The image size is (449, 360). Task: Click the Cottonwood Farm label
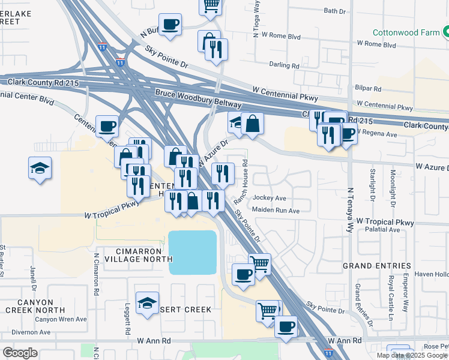(406, 32)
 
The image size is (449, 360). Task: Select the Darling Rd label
(285, 65)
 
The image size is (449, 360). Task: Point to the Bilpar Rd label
(368, 88)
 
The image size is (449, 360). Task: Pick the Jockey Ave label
(270, 198)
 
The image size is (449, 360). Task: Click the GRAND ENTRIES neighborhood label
(376, 265)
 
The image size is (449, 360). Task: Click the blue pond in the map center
(192, 252)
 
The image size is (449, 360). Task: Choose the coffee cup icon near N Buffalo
(170, 25)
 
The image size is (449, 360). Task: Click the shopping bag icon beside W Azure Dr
(253, 123)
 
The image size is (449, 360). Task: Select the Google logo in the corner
(20, 353)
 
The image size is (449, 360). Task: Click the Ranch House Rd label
(245, 175)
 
